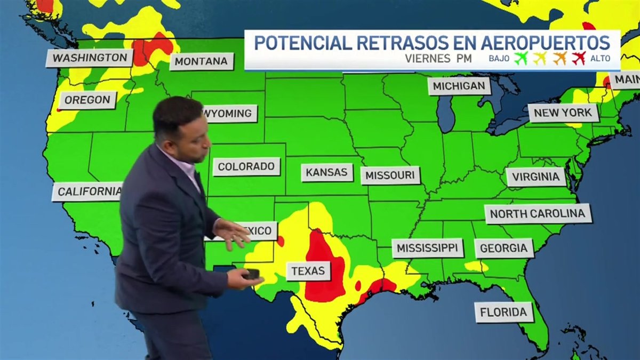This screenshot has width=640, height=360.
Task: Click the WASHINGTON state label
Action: [x=90, y=58]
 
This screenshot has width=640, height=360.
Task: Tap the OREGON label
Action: [x=88, y=100]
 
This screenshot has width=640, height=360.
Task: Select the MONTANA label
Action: [x=201, y=61]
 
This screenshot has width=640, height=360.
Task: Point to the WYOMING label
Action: [x=229, y=114]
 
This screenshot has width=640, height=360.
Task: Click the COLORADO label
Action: [x=246, y=166]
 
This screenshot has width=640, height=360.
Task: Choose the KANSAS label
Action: [x=327, y=172]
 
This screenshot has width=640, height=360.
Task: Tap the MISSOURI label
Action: [x=390, y=175]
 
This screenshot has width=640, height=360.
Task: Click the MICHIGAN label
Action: [x=459, y=86]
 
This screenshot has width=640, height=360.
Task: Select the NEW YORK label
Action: [x=563, y=113]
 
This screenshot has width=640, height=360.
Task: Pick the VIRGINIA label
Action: [x=535, y=177]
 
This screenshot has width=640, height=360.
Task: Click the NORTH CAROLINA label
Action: [x=538, y=214]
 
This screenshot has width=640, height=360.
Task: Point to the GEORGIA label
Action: [x=504, y=248]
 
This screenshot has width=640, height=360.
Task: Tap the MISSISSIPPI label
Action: [x=427, y=248]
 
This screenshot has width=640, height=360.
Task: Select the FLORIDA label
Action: [x=503, y=313]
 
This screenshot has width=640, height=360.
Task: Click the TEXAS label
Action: [x=308, y=271]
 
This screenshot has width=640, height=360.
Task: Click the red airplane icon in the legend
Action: [x=579, y=58]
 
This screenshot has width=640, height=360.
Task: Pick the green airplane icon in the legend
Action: [x=520, y=58]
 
